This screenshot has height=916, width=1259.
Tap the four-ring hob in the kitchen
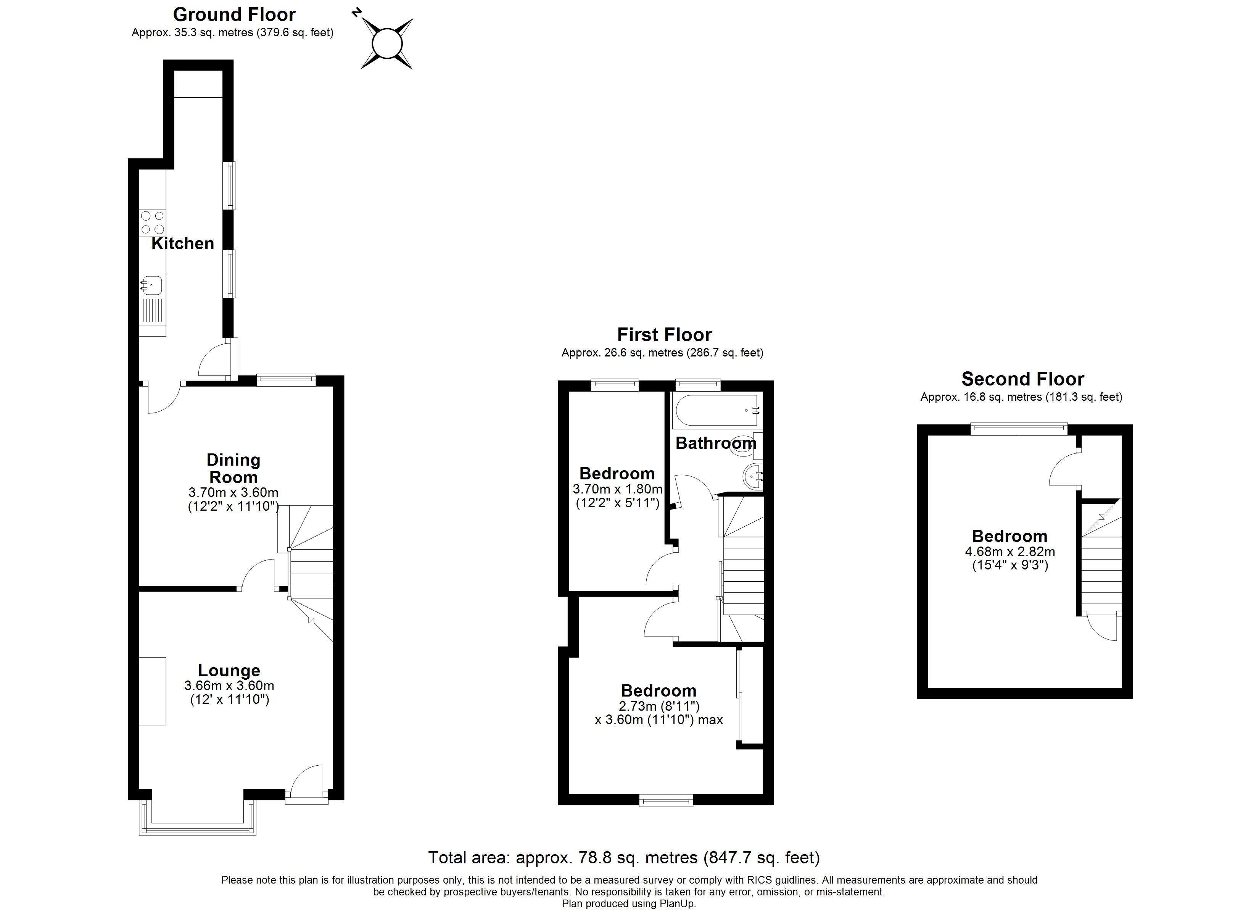coord(152,222)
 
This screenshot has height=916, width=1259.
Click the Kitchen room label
coord(183,243)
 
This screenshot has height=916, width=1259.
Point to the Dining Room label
coord(233,468)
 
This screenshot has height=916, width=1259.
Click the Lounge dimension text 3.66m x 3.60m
coord(229,685)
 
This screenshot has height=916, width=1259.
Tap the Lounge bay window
coord(197,828)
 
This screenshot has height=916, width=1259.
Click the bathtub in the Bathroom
coord(716,411)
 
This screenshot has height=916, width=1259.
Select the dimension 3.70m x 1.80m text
coord(617,489)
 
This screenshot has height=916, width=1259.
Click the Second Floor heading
coord(1022,379)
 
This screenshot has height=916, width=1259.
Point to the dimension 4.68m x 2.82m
coord(1010,552)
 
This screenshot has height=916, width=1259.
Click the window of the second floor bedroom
coord(1019,428)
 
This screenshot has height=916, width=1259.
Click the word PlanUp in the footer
coord(677,903)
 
